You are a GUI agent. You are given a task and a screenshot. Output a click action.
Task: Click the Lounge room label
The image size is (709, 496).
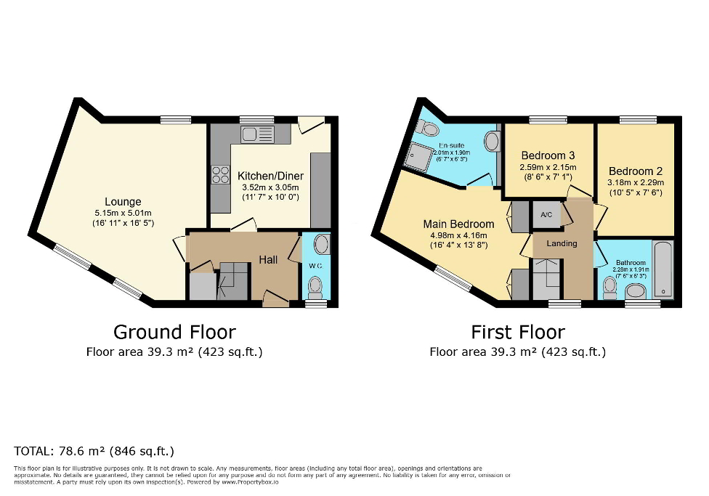[123, 201]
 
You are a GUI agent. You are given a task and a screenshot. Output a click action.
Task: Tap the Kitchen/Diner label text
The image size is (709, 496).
[270, 176]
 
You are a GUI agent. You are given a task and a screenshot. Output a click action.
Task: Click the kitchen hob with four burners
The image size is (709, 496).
[219, 174]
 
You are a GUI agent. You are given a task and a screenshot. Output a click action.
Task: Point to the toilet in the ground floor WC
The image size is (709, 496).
[315, 290]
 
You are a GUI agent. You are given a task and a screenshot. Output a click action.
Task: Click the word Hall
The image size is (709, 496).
[269, 259]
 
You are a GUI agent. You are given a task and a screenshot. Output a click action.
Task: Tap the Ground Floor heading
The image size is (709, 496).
[174, 332]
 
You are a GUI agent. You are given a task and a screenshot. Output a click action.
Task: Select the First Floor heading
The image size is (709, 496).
[517, 332]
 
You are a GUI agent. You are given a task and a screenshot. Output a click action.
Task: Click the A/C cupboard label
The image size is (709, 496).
[547, 215]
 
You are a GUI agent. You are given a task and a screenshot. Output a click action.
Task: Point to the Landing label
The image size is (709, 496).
[562, 243]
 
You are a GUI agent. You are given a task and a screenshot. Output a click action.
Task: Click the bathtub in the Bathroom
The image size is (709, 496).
[664, 270]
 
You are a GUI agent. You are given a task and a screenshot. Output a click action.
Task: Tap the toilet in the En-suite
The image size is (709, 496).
[428, 129]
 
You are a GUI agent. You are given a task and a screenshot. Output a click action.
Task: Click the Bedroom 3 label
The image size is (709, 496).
[548, 155]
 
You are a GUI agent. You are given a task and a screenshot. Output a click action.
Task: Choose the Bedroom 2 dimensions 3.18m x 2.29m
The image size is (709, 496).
[636, 182]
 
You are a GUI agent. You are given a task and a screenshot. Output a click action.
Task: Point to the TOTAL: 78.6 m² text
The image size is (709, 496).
[94, 450]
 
